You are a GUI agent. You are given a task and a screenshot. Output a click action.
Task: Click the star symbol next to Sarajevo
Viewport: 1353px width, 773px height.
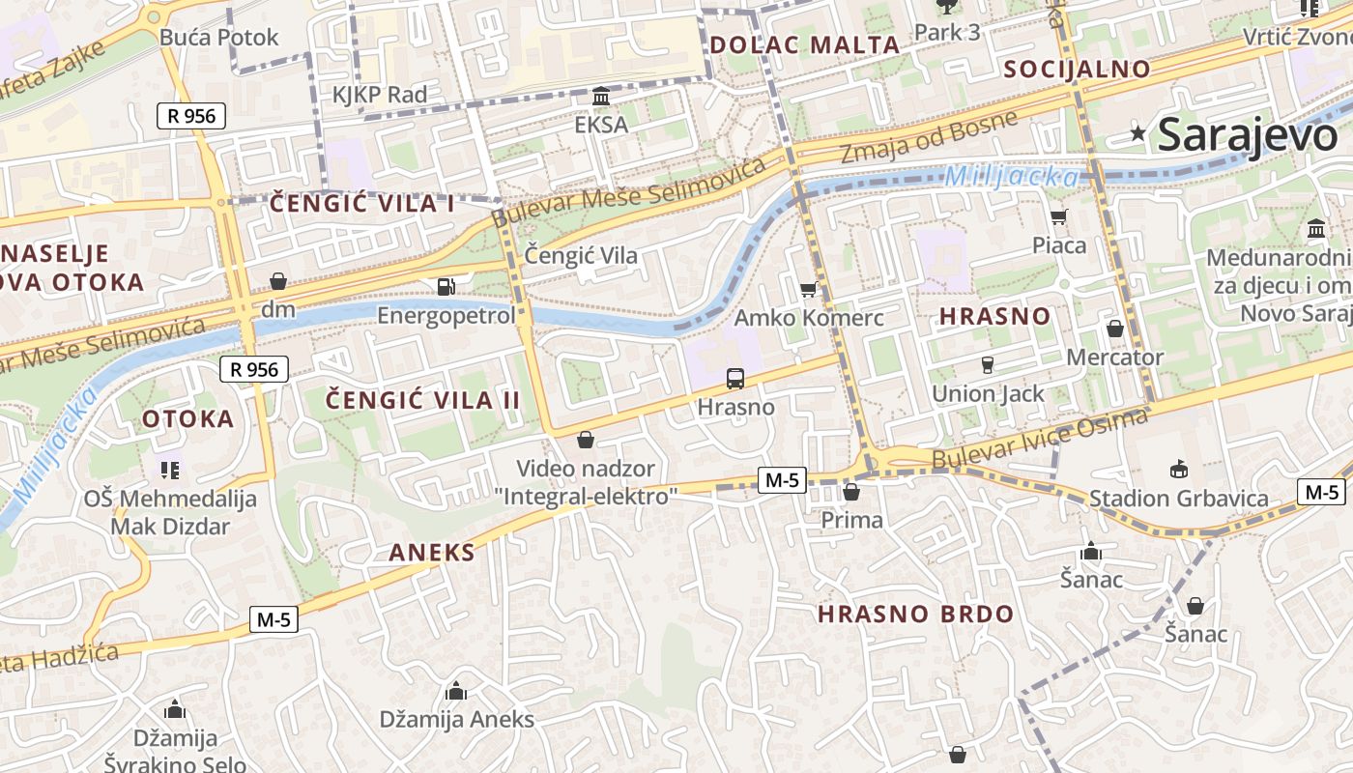[x=1138, y=134]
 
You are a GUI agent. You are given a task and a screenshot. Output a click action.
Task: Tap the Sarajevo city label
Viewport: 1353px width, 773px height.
[x=1247, y=134]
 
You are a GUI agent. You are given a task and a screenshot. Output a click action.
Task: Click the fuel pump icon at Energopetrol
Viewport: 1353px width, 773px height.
[x=446, y=287]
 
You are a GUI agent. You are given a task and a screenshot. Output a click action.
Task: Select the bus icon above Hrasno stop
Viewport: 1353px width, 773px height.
[x=735, y=378]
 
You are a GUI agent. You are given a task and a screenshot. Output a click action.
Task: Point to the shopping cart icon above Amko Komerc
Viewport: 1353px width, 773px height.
[x=808, y=289]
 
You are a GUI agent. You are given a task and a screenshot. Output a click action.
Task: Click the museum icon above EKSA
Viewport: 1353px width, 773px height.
[x=601, y=97]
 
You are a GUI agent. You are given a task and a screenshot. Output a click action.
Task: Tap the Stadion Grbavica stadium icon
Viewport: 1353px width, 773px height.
[x=1178, y=470]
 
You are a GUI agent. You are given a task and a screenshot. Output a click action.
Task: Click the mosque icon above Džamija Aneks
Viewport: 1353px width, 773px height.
[x=456, y=691]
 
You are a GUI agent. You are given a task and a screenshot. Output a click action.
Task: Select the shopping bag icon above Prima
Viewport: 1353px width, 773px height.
[x=850, y=492]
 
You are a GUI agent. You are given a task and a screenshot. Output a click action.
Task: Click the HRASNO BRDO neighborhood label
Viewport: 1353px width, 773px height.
[x=915, y=614]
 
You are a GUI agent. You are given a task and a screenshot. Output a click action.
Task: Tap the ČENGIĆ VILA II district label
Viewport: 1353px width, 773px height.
[x=422, y=400]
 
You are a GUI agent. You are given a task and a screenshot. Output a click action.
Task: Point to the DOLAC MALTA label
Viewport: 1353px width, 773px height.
[x=804, y=44]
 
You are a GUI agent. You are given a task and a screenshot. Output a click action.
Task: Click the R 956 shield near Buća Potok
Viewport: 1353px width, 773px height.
[x=191, y=117]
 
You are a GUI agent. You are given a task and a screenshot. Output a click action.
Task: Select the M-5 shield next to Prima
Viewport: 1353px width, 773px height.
[x=782, y=479]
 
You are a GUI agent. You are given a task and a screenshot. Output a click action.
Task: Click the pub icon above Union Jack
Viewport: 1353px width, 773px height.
[x=987, y=364]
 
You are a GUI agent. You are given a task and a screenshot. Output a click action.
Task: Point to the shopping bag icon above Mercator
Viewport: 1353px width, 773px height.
[x=1114, y=329]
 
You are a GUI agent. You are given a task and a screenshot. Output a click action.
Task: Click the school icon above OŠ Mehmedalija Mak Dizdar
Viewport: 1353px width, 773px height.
[x=170, y=470]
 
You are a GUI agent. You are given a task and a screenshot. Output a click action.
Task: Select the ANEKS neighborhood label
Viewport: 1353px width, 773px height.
[x=432, y=553]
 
